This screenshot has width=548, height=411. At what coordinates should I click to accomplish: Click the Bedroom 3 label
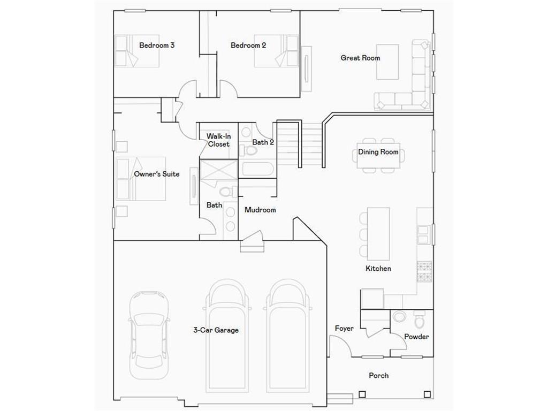click(157, 45)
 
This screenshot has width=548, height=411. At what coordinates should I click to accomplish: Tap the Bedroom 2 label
click(248, 45)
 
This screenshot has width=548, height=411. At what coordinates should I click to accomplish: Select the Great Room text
click(360, 58)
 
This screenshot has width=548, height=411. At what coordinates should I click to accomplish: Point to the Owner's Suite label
click(157, 174)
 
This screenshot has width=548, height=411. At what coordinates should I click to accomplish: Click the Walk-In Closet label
click(218, 140)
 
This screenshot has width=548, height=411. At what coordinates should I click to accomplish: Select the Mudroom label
click(260, 210)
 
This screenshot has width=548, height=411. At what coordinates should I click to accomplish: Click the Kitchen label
click(378, 269)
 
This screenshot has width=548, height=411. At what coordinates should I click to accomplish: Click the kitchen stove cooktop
click(424, 271)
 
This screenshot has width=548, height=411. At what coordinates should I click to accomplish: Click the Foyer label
click(344, 329)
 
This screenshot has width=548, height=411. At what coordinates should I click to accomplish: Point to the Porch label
click(378, 376)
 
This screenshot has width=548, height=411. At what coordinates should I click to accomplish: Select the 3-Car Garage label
click(216, 330)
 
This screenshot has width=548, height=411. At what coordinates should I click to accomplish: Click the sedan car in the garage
click(149, 333)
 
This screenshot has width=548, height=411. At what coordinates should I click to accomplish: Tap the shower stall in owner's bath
click(218, 172)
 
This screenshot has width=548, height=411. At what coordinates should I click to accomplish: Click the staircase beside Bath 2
click(300, 143)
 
